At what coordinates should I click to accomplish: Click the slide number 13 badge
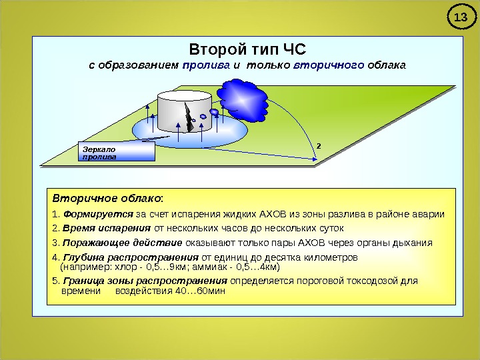point(458,17)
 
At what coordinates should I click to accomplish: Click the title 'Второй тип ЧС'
point(247,49)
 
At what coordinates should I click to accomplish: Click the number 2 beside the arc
point(319,144)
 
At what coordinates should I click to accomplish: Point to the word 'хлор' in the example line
point(126,267)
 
